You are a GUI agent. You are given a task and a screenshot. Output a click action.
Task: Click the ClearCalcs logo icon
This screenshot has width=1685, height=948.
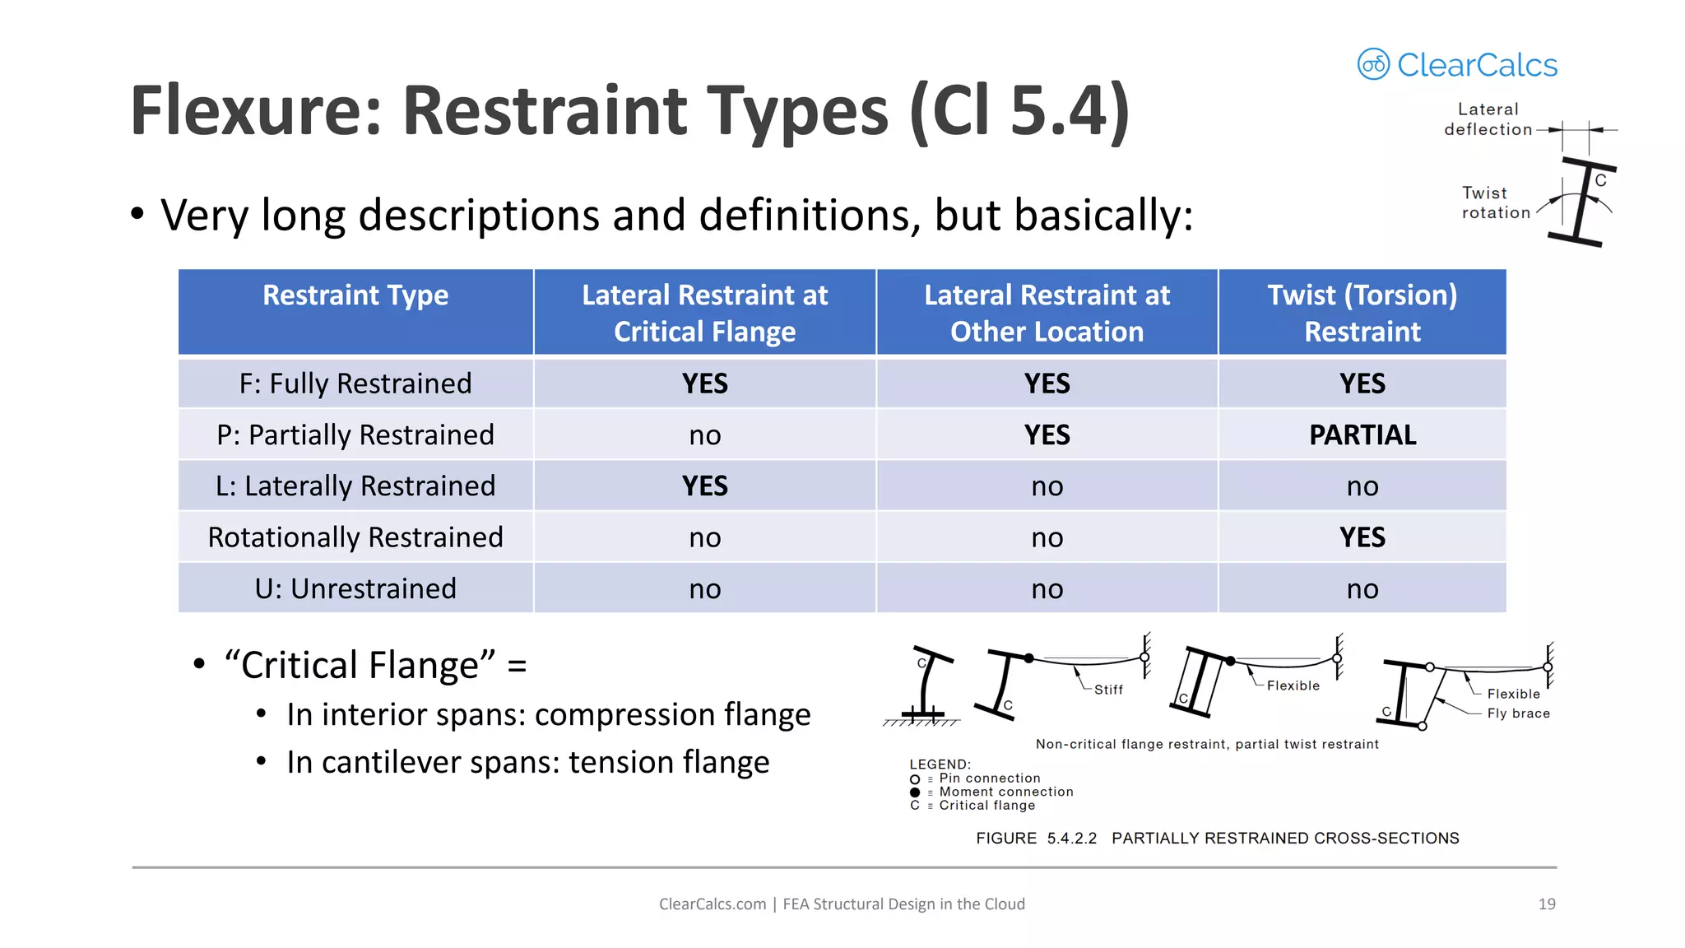1373,64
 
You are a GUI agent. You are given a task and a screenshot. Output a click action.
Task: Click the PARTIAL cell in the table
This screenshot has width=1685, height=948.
1362,434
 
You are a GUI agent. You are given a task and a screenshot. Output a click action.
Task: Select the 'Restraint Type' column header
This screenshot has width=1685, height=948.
355,295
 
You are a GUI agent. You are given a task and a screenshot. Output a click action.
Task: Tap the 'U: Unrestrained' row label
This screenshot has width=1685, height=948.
355,588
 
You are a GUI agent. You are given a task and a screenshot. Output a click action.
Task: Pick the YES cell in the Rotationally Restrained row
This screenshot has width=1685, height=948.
1362,537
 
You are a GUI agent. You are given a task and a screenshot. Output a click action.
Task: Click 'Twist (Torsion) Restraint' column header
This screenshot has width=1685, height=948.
1362,313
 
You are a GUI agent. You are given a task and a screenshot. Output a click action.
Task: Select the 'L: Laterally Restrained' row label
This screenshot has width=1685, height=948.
355,486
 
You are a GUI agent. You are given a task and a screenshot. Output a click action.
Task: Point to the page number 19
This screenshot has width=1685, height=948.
1547,904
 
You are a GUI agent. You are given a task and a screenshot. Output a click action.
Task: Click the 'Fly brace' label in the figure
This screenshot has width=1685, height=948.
1518,713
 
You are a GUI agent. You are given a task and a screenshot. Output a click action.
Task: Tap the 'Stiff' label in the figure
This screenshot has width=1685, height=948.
1108,690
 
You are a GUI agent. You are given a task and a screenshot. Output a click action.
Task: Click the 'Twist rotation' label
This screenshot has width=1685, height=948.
1495,202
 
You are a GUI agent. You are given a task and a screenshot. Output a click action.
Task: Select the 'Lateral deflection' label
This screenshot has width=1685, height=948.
1488,119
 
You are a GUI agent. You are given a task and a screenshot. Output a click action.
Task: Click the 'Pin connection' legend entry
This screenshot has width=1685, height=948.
989,778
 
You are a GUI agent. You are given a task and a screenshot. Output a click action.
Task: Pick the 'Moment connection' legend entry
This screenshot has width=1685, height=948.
1005,792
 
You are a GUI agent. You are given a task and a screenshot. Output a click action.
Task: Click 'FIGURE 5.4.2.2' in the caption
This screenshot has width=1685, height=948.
1036,838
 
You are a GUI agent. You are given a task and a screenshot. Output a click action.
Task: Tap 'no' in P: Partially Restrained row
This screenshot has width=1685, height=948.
705,434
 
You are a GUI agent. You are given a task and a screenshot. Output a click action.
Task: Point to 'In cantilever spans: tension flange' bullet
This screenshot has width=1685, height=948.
527,762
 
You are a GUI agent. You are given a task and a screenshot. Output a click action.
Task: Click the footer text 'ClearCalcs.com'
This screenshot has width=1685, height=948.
712,904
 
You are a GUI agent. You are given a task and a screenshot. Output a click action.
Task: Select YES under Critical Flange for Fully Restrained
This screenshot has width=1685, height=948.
705,383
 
